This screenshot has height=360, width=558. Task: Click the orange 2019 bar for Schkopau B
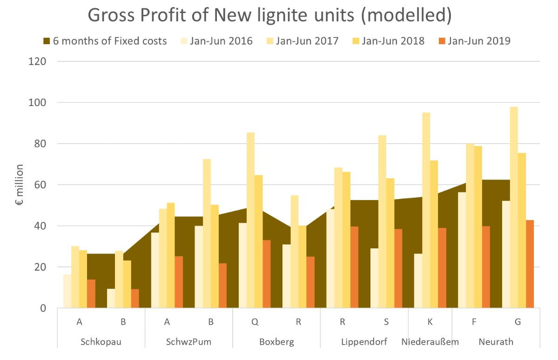[x=135, y=298]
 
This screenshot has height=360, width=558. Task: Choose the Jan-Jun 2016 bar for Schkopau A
[x=67, y=291]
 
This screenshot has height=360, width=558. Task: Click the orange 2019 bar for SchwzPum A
[x=179, y=282]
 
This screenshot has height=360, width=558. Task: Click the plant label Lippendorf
[x=364, y=342]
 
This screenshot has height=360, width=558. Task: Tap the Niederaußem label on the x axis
[x=430, y=342]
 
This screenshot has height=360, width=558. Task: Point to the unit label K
[x=430, y=321]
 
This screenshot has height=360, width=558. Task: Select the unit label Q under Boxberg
[x=255, y=321]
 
